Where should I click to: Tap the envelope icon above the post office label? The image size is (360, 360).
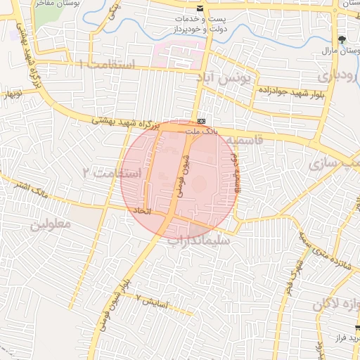coord(201,8)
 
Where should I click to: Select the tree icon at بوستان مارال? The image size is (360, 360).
coord(342,38)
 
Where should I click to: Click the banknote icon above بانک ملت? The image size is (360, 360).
coord(201,120)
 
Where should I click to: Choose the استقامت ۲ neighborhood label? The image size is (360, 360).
coord(112,172)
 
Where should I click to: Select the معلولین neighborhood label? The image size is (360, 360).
coord(51,224)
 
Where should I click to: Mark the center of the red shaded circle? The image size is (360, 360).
coord(179,176)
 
